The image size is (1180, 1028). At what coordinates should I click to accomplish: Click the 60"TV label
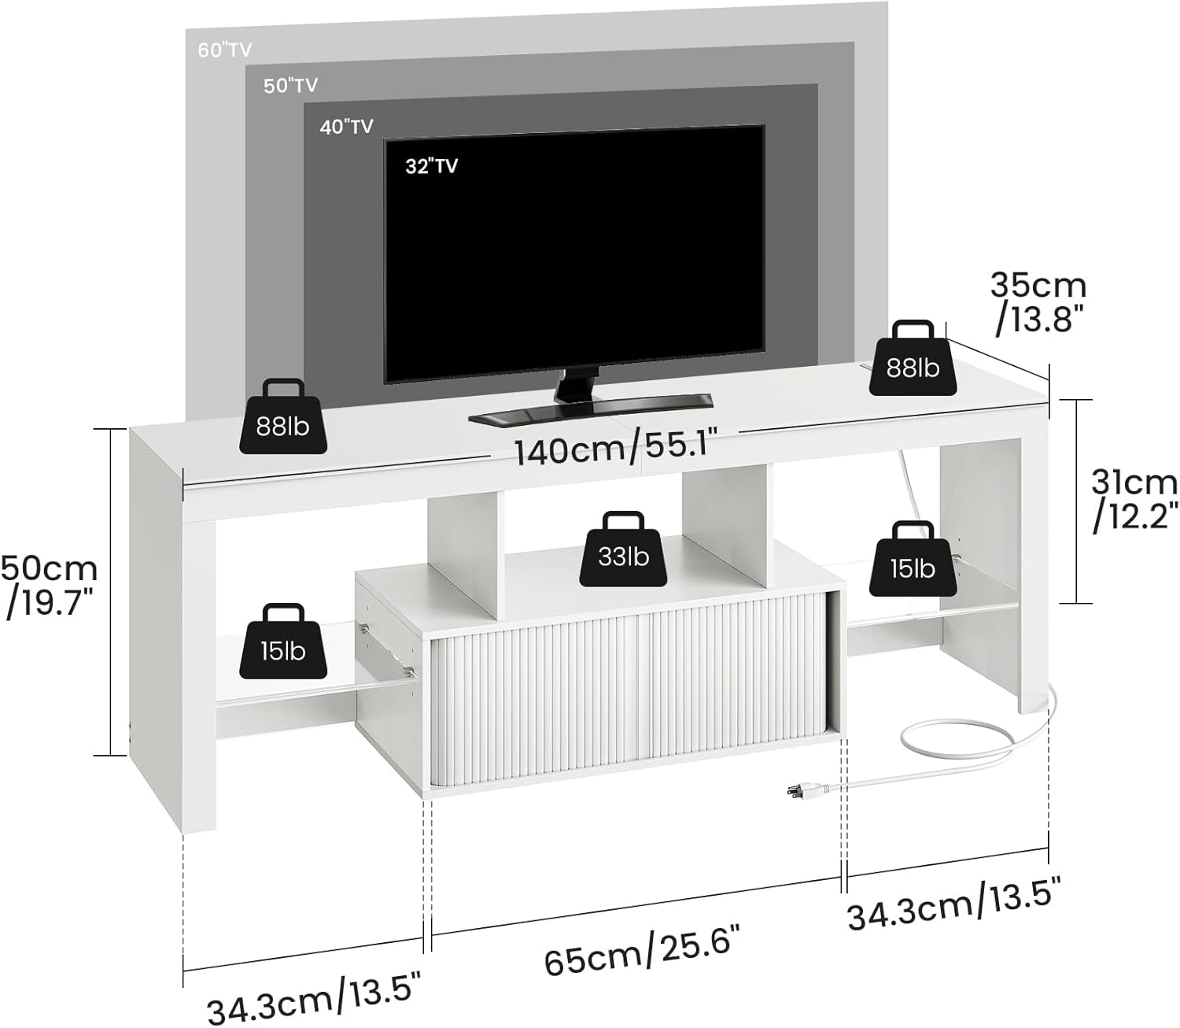tap(224, 50)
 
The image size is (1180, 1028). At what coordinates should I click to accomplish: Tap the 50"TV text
tap(291, 85)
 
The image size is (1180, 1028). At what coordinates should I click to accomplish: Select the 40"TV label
tap(347, 127)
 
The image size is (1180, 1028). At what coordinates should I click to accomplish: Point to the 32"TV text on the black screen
tap(431, 166)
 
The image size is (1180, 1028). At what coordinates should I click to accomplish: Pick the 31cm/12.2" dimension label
tap(1134, 500)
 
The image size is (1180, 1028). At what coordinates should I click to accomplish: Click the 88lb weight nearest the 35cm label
tap(913, 358)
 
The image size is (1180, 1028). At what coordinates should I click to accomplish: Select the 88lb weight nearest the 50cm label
tap(283, 416)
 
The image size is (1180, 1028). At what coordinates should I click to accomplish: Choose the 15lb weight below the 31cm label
tap(913, 559)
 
